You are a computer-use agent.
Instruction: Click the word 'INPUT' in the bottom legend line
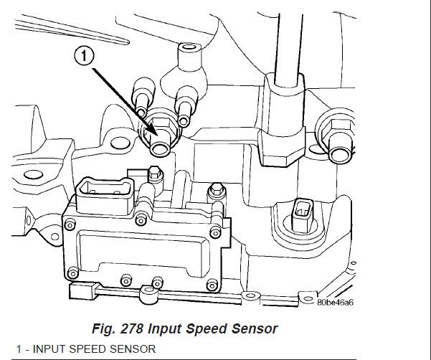42,349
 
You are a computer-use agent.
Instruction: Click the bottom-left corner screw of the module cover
73,273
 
